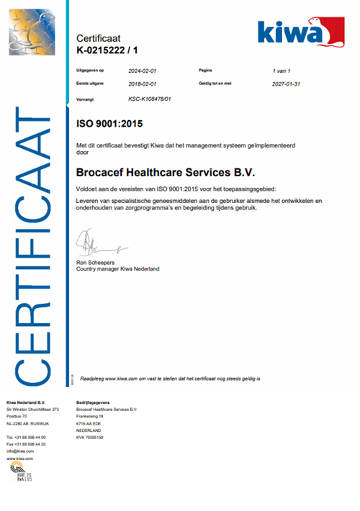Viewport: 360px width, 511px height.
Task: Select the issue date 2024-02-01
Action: pyautogui.click(x=143, y=71)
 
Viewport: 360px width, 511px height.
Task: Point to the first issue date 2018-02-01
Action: pyautogui.click(x=143, y=83)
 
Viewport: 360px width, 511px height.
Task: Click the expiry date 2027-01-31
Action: pyautogui.click(x=287, y=83)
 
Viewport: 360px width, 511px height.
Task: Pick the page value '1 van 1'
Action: pyautogui.click(x=285, y=71)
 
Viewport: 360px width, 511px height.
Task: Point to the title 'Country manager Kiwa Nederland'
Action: pyautogui.click(x=117, y=269)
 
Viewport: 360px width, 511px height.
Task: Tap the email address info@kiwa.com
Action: pyautogui.click(x=20, y=451)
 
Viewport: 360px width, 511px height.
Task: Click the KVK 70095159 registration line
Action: pyautogui.click(x=94, y=438)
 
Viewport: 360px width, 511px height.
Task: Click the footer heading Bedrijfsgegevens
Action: pyautogui.click(x=94, y=402)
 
